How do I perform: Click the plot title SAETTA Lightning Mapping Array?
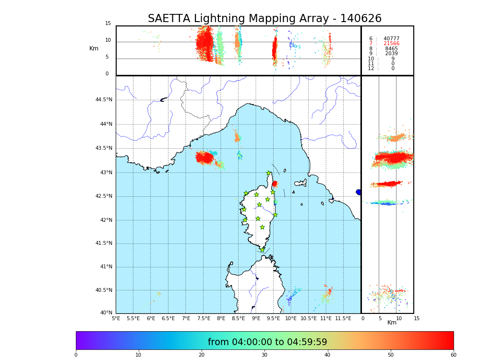(x=264, y=19)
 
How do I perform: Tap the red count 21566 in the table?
(x=391, y=44)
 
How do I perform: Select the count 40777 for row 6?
(x=391, y=39)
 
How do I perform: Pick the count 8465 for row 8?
(x=391, y=49)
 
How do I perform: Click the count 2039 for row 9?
(x=391, y=54)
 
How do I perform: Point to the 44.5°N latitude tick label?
(x=104, y=100)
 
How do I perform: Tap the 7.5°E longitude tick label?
(x=204, y=318)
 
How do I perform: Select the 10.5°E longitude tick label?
(x=308, y=318)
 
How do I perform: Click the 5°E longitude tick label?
(x=116, y=318)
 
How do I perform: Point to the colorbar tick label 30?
(x=264, y=355)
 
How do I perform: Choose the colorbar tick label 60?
(x=453, y=355)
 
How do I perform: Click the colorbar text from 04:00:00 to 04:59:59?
(x=267, y=342)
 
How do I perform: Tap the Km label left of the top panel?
(x=94, y=48)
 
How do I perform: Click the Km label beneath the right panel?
(x=392, y=323)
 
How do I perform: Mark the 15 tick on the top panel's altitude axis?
(x=108, y=24)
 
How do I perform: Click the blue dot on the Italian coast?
(x=358, y=192)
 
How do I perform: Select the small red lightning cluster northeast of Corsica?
(x=275, y=184)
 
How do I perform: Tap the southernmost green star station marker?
(x=262, y=250)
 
